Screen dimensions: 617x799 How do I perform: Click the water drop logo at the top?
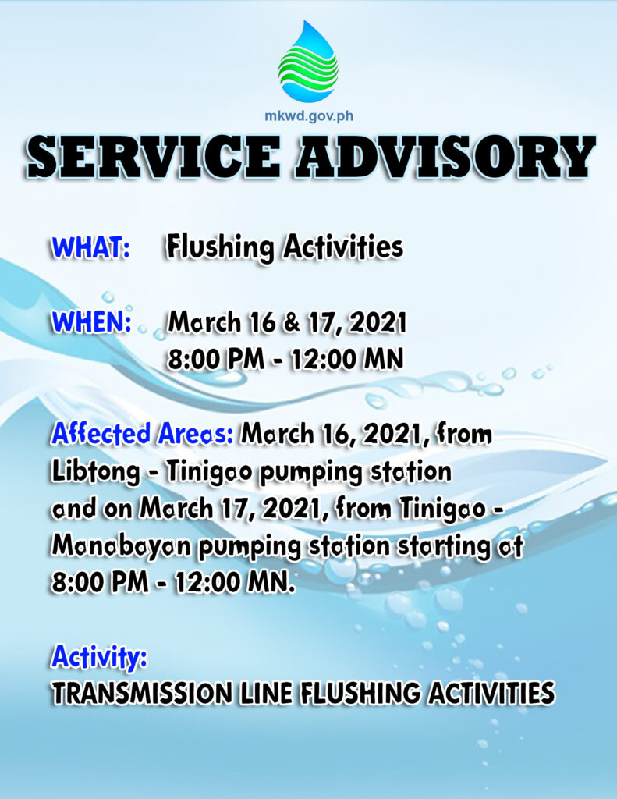[x=308, y=61]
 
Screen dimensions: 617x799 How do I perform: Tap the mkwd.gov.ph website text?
[x=309, y=115]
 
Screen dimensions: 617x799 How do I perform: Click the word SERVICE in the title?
[x=154, y=155]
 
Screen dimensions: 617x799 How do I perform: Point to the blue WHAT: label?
[x=91, y=247]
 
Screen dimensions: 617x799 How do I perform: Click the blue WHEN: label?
[x=92, y=322]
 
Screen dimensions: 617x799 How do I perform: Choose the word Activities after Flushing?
[x=343, y=247]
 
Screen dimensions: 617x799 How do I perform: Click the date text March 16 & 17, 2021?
[x=287, y=322]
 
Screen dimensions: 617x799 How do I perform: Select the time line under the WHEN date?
[x=285, y=359]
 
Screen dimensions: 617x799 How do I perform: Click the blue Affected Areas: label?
[x=143, y=434]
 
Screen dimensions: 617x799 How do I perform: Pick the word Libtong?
[x=96, y=473]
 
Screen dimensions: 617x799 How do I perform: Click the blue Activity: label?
[x=99, y=657]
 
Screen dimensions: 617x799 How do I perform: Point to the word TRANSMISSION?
[x=140, y=694]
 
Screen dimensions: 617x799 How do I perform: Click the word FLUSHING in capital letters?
[x=360, y=694]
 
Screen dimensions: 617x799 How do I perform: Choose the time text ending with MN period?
[x=173, y=582]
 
